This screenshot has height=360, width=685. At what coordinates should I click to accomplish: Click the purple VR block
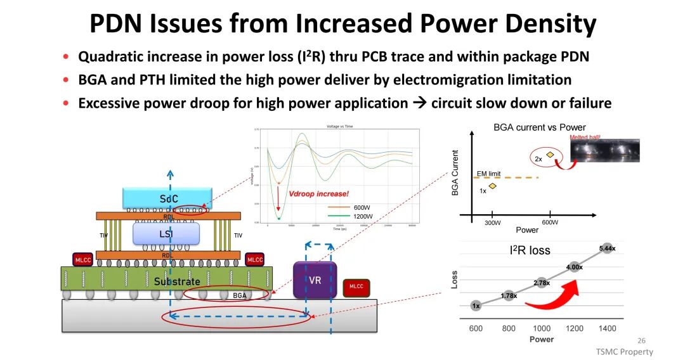[315, 280]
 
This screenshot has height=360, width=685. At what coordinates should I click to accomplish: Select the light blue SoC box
[167, 198]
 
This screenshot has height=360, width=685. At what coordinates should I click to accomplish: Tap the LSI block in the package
[166, 234]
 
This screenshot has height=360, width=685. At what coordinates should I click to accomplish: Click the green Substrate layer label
[177, 281]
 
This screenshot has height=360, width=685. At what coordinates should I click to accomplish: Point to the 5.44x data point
[607, 248]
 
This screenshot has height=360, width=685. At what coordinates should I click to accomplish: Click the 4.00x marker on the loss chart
[574, 267]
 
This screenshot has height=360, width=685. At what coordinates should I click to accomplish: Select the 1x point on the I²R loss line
[476, 305]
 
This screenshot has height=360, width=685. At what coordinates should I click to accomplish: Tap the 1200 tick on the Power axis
[575, 328]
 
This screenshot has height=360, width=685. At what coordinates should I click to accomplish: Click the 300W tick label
[493, 222]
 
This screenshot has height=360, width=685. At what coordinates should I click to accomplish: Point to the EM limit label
[488, 173]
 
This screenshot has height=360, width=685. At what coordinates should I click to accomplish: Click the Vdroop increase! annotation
[318, 194]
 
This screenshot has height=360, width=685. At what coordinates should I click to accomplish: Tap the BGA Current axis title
[455, 172]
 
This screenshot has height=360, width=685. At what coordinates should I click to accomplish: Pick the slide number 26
[641, 340]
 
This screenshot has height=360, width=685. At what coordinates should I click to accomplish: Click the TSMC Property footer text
[623, 352]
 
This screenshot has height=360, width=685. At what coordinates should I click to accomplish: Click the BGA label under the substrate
[240, 296]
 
